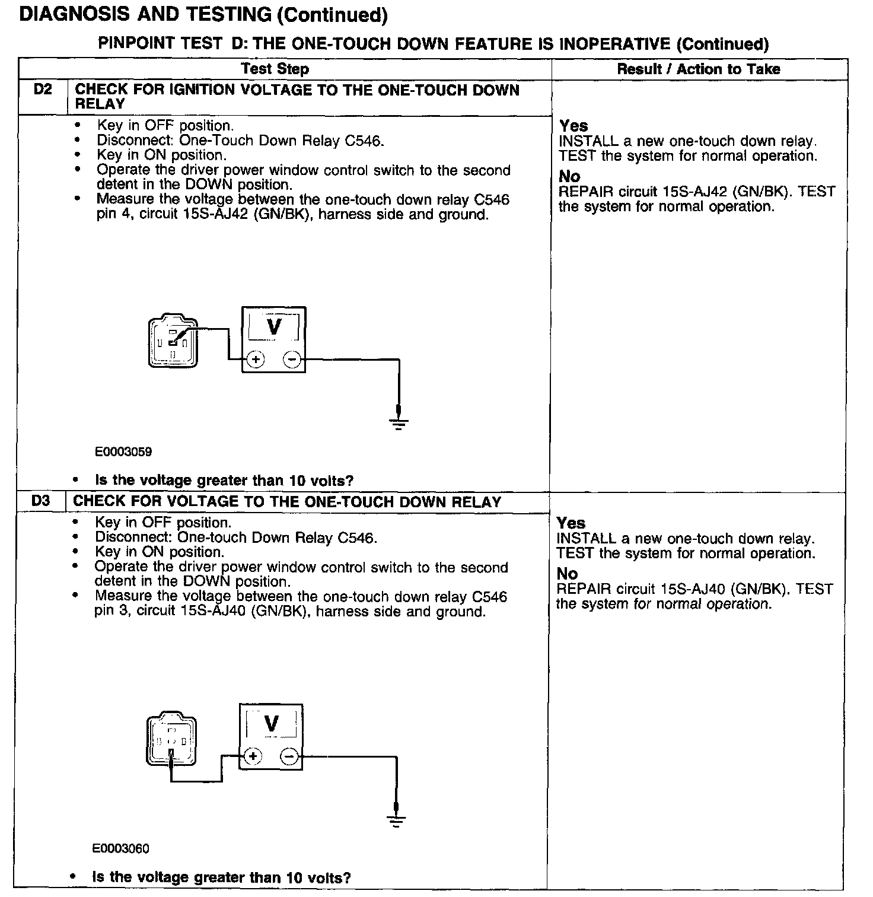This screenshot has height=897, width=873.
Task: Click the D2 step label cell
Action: pyautogui.click(x=43, y=91)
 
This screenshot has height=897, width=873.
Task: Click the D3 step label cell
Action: pyautogui.click(x=41, y=501)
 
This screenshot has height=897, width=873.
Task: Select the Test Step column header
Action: pyautogui.click(x=275, y=69)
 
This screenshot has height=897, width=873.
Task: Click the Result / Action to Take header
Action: pyautogui.click(x=699, y=69)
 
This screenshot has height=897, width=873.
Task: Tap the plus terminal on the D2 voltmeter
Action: pyautogui.click(x=255, y=360)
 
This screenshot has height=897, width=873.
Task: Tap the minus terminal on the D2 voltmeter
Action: pyautogui.click(x=291, y=360)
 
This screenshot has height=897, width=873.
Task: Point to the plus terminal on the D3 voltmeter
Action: pyautogui.click(x=253, y=756)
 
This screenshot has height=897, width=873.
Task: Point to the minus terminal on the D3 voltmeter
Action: pyautogui.click(x=289, y=756)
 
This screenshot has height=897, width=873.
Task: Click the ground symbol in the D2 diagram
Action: pyautogui.click(x=399, y=422)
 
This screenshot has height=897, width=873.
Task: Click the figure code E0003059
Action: pyautogui.click(x=123, y=452)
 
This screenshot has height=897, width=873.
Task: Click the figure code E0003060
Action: pyautogui.click(x=121, y=849)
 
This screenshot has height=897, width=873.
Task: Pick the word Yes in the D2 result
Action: pyautogui.click(x=573, y=126)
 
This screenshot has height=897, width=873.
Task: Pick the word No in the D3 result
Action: pyautogui.click(x=567, y=574)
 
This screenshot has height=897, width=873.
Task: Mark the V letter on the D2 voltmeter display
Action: pyautogui.click(x=274, y=326)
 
